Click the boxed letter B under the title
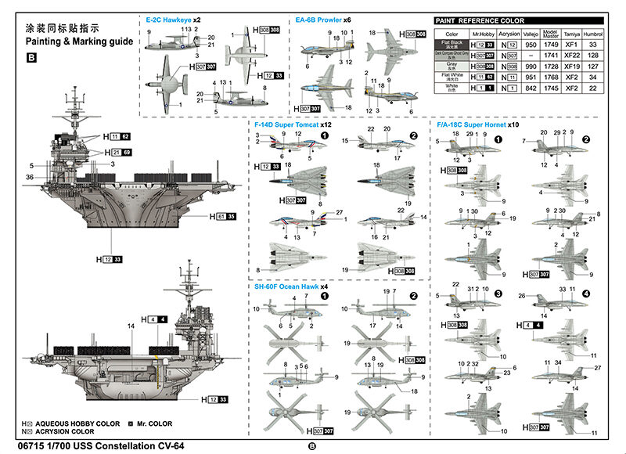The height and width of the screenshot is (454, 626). pyautogui.click(x=31, y=57)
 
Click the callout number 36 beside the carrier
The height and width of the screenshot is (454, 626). pyautogui.click(x=29, y=178)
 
